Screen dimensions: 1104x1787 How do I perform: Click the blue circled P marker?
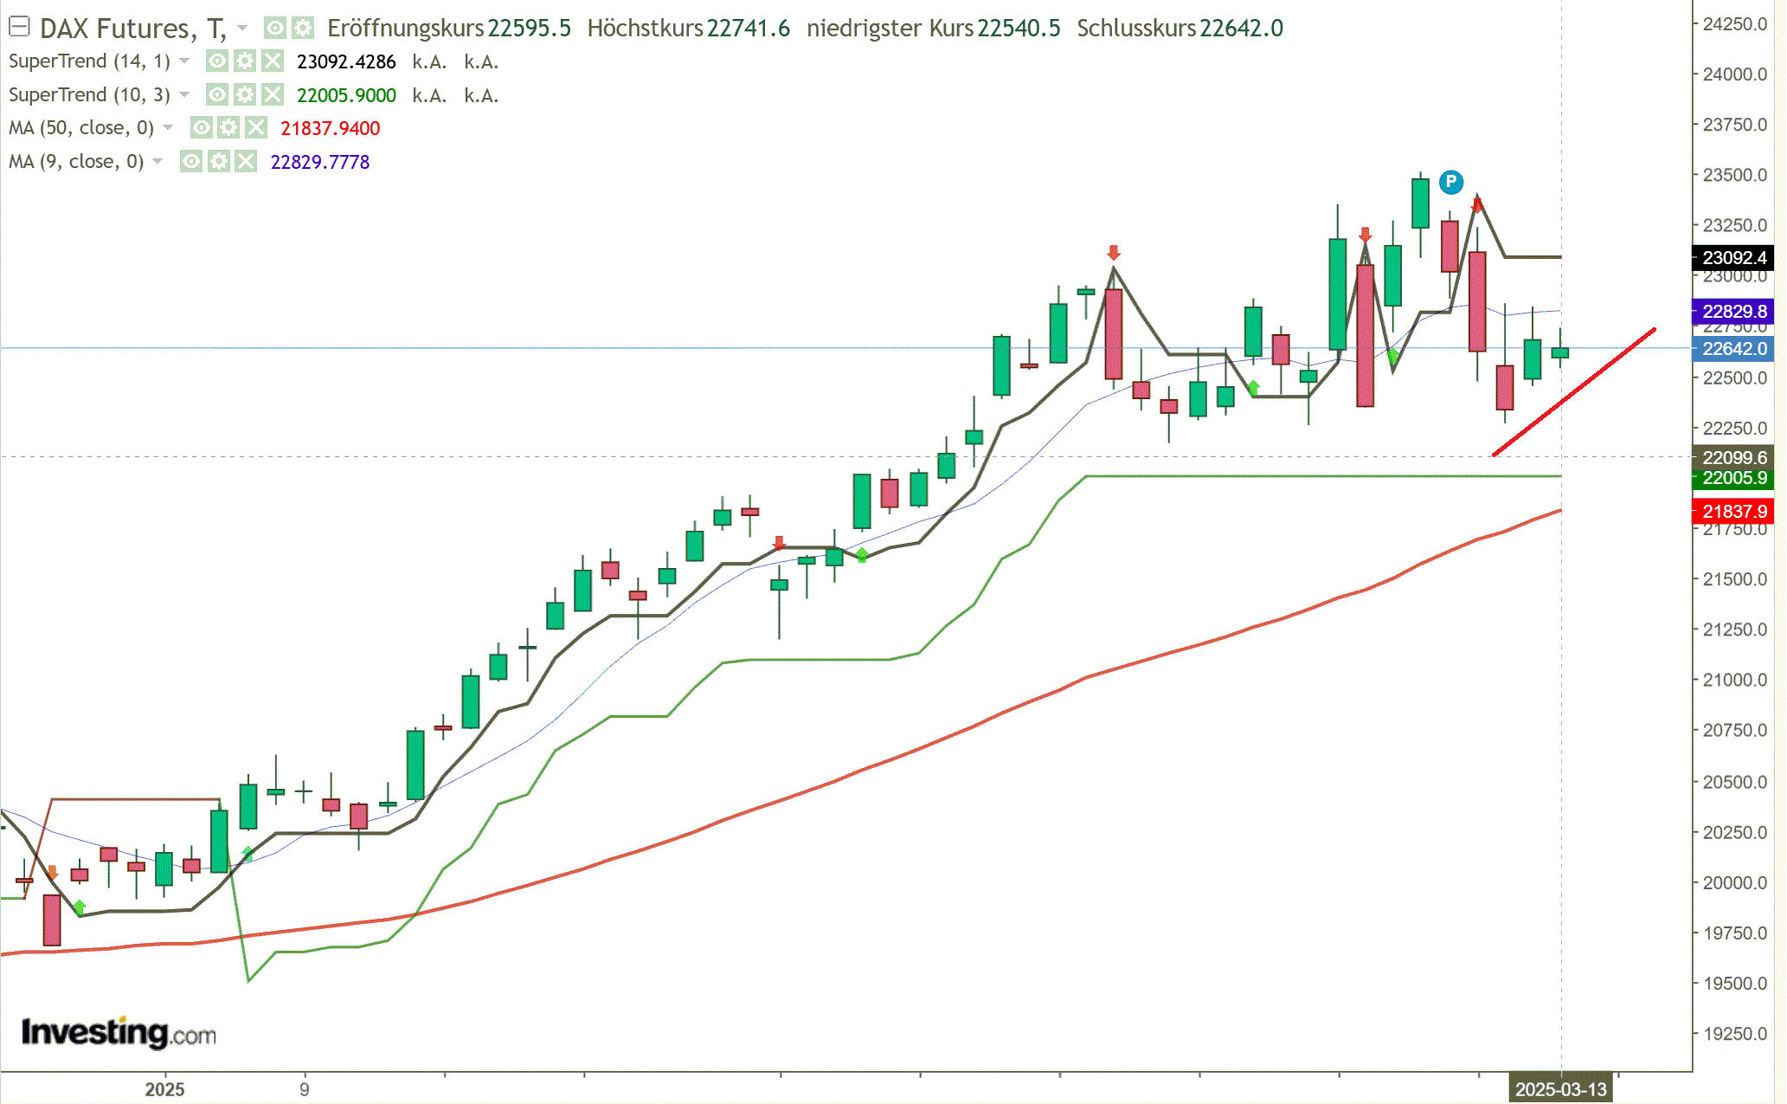[1451, 182]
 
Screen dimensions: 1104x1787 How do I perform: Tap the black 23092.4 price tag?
[1733, 258]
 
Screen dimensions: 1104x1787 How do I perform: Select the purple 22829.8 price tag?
[1733, 312]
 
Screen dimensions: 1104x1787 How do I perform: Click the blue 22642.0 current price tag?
[1733, 349]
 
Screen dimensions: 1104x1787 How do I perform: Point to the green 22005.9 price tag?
[1733, 478]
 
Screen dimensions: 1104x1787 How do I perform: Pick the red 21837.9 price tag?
[1733, 512]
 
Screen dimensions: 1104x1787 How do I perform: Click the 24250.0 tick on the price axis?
[1734, 24]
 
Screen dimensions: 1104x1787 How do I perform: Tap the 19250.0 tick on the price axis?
[1734, 1034]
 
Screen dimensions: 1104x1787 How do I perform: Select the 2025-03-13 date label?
[1560, 1089]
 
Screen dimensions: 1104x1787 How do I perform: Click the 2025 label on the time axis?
[164, 1089]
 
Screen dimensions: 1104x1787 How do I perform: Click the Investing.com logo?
[119, 1032]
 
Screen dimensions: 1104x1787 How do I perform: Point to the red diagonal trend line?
[1574, 391]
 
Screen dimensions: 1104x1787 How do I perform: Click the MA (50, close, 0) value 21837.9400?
[330, 129]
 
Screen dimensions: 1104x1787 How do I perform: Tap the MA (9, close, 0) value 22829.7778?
[319, 163]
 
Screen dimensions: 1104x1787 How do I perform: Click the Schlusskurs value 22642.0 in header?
[1241, 29]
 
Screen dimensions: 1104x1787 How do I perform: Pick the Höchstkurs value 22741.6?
[748, 29]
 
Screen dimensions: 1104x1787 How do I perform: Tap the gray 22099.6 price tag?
[1733, 457]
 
